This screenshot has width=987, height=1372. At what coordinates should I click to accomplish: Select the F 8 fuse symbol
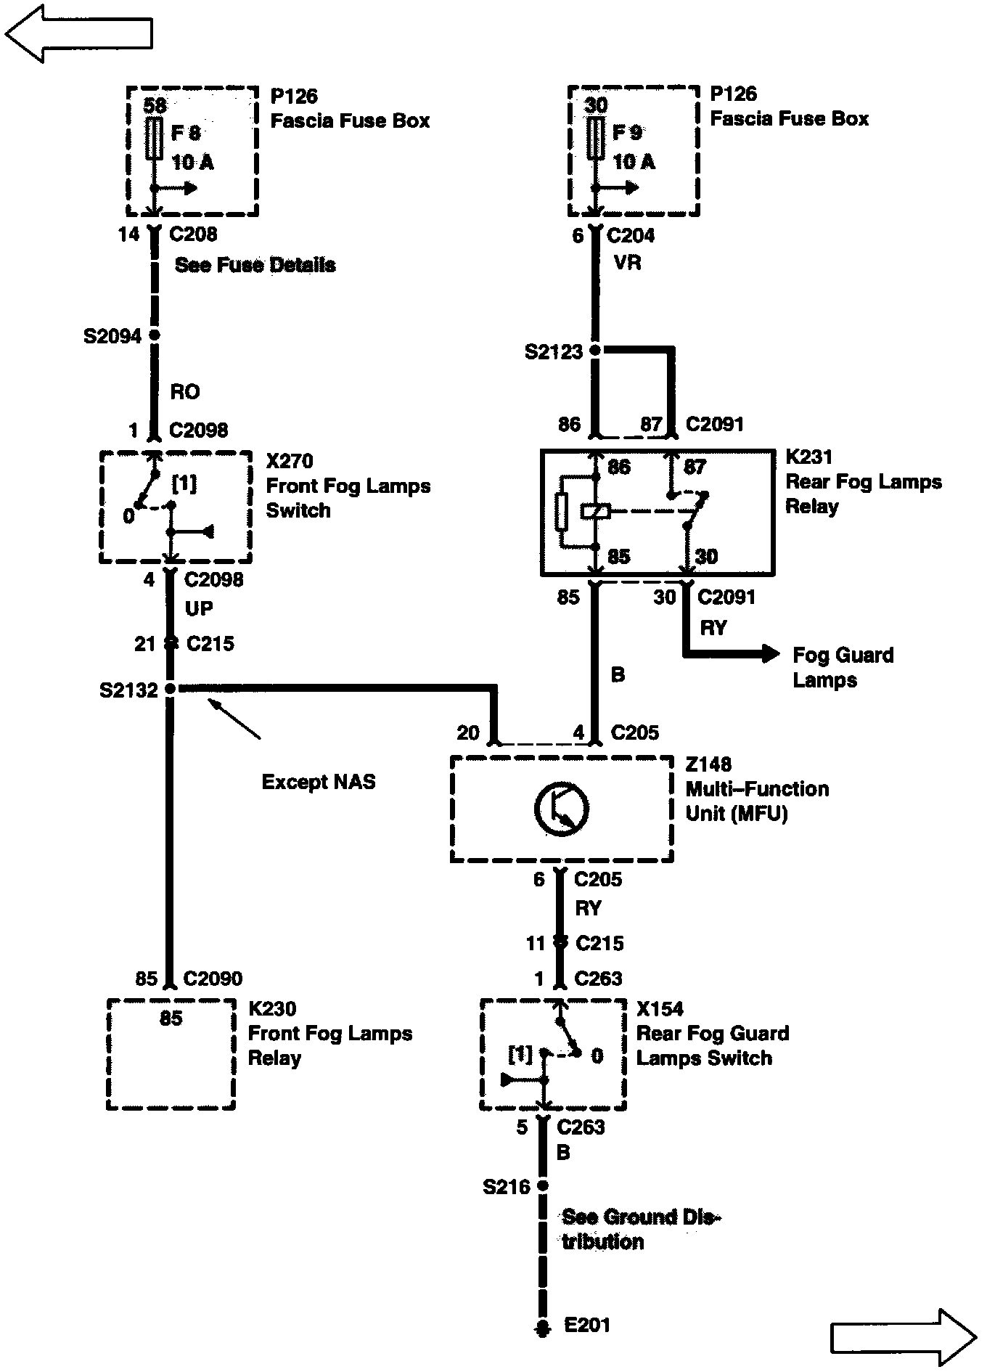click(154, 138)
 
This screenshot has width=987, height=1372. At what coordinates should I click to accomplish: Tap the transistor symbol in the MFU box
click(562, 809)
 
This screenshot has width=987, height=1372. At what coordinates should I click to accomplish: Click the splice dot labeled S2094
click(154, 335)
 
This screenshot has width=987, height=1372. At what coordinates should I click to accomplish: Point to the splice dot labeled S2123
click(595, 351)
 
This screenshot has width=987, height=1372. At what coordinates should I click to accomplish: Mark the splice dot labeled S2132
click(171, 689)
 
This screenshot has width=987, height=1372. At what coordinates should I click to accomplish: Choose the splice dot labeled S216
click(542, 1186)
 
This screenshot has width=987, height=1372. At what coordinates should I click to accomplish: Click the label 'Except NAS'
click(319, 782)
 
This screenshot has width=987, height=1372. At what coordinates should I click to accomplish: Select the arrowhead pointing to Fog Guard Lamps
click(769, 654)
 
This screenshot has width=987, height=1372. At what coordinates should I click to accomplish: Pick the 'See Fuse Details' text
click(255, 265)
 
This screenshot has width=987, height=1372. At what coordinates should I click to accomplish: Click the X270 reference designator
click(290, 461)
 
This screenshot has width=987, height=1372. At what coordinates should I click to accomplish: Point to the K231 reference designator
click(808, 457)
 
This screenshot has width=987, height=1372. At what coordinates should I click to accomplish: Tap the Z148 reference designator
click(708, 764)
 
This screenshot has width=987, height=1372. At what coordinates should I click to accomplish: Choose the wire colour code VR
click(628, 262)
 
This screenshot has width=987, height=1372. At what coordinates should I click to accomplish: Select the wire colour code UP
click(199, 608)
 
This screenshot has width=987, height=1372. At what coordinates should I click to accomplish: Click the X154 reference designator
click(660, 1009)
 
